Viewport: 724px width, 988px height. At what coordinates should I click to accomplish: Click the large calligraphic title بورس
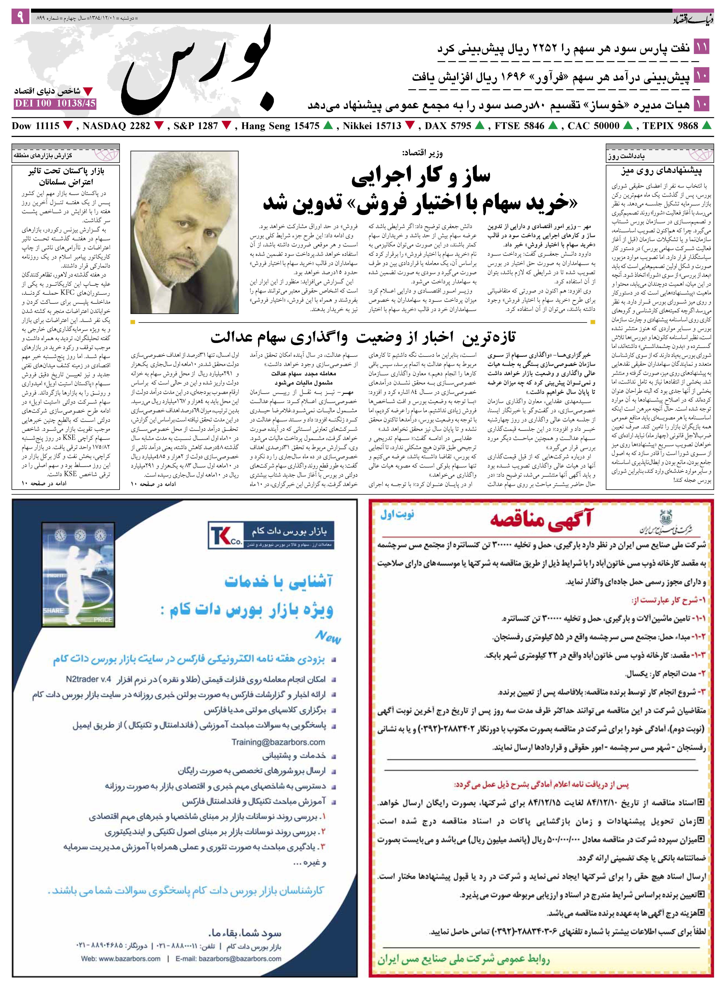tap(199, 70)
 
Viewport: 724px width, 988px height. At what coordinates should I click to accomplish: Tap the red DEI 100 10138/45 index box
tap(55, 104)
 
